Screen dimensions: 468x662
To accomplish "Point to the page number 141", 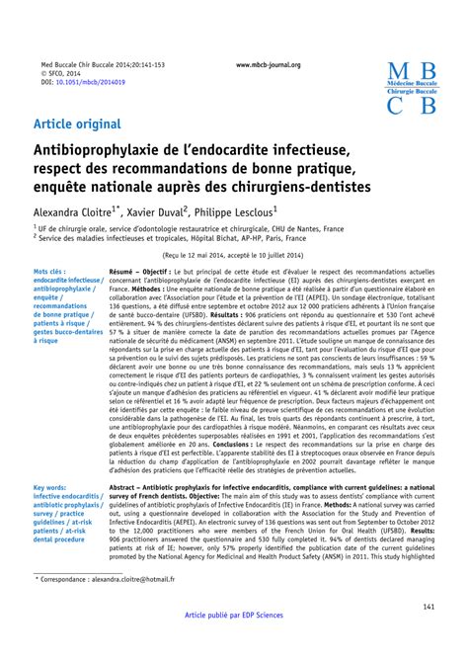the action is (429, 633).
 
